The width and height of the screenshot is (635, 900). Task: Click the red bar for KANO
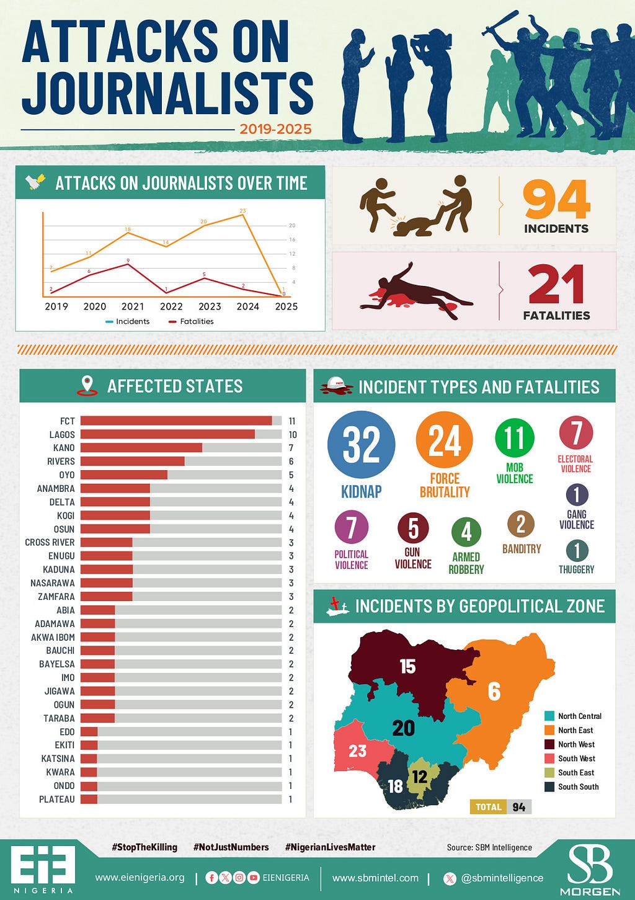[x=141, y=448]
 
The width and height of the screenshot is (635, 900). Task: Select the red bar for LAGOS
[x=167, y=434]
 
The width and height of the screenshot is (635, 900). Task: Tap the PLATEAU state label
[x=56, y=799]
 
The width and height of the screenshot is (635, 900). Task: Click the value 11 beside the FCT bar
[x=292, y=421]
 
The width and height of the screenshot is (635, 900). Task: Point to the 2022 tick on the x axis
[x=171, y=306]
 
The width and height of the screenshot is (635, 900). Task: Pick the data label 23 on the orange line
[x=242, y=210]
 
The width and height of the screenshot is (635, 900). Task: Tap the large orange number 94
[x=556, y=200]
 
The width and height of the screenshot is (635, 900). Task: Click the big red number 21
[x=556, y=285]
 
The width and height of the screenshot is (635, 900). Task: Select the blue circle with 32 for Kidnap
[x=361, y=444]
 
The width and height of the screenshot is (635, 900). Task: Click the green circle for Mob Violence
[x=515, y=437]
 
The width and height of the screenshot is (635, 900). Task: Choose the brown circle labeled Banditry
[x=521, y=524]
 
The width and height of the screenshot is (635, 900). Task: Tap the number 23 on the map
[x=357, y=751]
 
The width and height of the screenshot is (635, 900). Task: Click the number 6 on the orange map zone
[x=494, y=692]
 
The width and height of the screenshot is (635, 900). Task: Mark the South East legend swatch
[x=549, y=772]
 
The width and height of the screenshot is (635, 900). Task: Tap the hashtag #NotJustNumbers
[x=231, y=847]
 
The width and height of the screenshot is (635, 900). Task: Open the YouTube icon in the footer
[x=254, y=878]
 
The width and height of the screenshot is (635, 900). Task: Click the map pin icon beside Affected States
[x=87, y=385]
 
